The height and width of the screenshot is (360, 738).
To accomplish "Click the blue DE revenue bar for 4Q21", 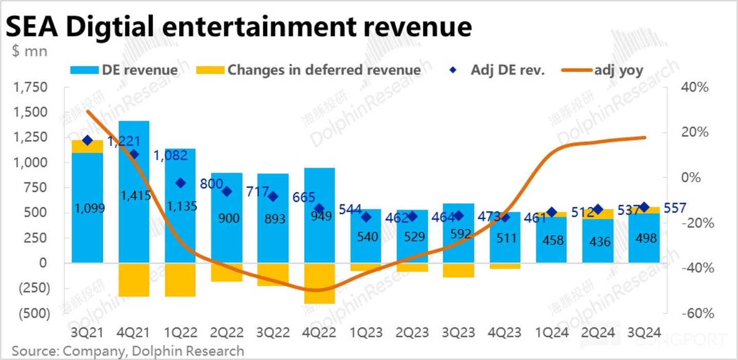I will point(134,164).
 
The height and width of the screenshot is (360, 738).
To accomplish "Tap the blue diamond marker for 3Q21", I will point(87,140).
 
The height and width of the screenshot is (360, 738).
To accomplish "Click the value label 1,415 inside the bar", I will point(134,195).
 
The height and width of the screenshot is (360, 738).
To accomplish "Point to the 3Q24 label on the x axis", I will point(644,332).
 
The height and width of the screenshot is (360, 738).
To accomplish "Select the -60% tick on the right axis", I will point(693,313).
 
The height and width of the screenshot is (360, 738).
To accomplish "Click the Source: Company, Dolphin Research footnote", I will point(128,351).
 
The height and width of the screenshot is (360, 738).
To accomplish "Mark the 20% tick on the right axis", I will point(694,132).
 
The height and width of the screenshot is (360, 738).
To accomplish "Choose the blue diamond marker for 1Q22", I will point(180,183).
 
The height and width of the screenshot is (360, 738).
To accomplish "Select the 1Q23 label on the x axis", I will point(366,332).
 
